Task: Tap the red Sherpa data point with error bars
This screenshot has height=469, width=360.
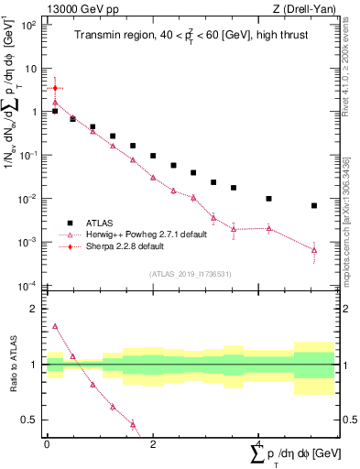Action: tap(55, 89)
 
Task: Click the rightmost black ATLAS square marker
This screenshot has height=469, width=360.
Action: tap(314, 206)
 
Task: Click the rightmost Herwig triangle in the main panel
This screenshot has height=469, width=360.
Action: tap(314, 250)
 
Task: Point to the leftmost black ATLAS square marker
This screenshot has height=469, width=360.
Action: tap(55, 111)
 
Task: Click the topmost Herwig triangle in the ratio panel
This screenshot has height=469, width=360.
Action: tap(55, 326)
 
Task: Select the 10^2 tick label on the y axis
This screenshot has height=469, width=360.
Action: tap(29, 25)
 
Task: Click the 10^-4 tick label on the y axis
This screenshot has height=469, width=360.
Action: tap(29, 286)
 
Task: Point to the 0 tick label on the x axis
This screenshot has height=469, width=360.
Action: tap(47, 445)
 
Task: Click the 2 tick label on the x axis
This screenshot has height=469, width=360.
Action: tap(153, 445)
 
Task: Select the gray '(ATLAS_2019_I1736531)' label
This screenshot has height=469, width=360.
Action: tap(190, 274)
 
